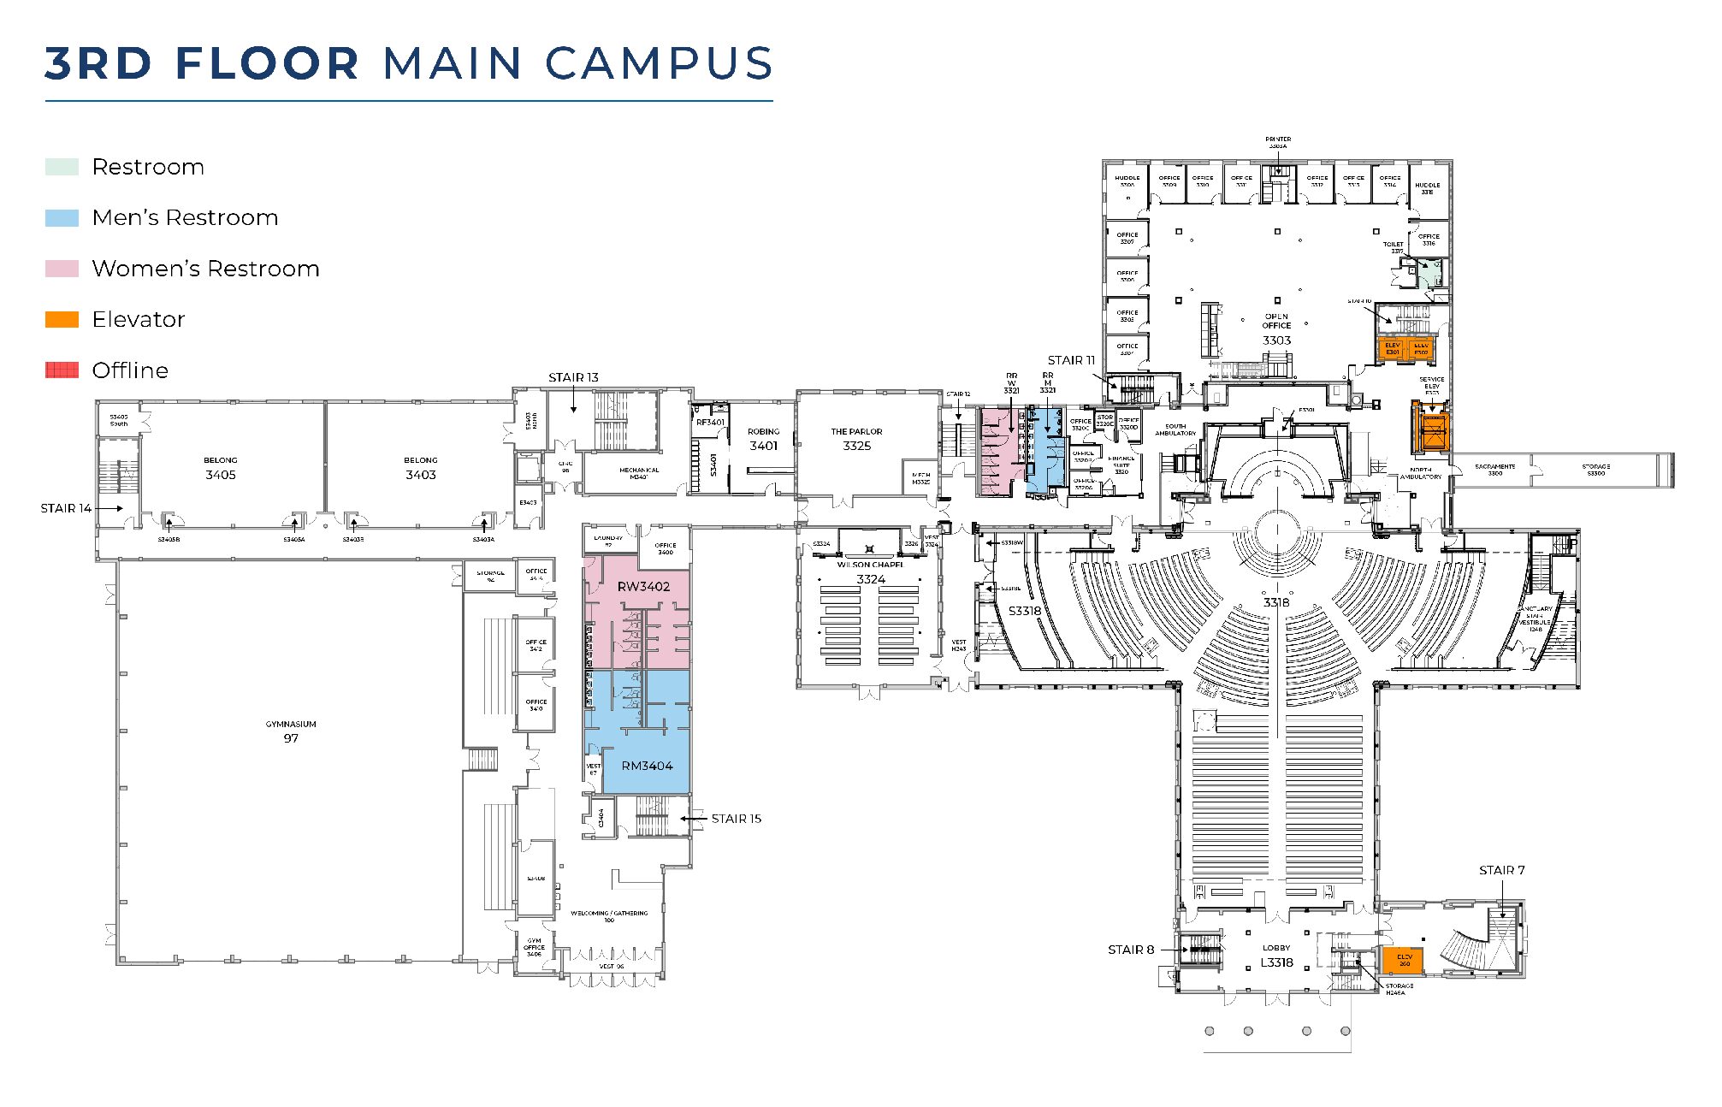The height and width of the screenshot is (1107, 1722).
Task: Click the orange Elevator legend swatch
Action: click(x=62, y=319)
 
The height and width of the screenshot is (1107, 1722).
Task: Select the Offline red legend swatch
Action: click(x=62, y=370)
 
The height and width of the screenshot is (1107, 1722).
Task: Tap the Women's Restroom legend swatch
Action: click(x=62, y=269)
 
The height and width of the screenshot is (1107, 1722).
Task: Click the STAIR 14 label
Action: click(x=66, y=508)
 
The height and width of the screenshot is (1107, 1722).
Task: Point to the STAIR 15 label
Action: click(x=736, y=819)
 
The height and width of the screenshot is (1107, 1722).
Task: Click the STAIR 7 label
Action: click(x=1501, y=870)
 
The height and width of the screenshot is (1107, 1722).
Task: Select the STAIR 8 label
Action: click(x=1130, y=950)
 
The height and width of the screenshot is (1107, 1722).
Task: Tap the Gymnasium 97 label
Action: click(x=291, y=731)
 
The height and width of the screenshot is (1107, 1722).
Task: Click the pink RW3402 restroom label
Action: click(x=643, y=586)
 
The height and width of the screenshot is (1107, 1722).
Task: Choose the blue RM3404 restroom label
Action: click(x=647, y=766)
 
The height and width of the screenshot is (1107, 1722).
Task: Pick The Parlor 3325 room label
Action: click(x=856, y=439)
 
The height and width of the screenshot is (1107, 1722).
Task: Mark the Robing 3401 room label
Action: click(x=763, y=439)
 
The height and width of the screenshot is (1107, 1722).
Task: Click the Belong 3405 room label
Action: click(x=220, y=468)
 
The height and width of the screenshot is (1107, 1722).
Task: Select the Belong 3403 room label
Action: click(x=420, y=468)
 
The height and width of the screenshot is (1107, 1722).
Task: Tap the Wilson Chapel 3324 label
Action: click(x=870, y=572)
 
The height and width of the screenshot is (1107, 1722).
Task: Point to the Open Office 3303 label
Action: click(x=1276, y=329)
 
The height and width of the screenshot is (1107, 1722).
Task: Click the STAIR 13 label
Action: click(x=573, y=377)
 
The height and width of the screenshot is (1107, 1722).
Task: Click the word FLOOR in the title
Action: click(x=267, y=63)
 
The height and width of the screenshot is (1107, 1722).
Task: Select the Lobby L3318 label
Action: click(x=1276, y=956)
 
